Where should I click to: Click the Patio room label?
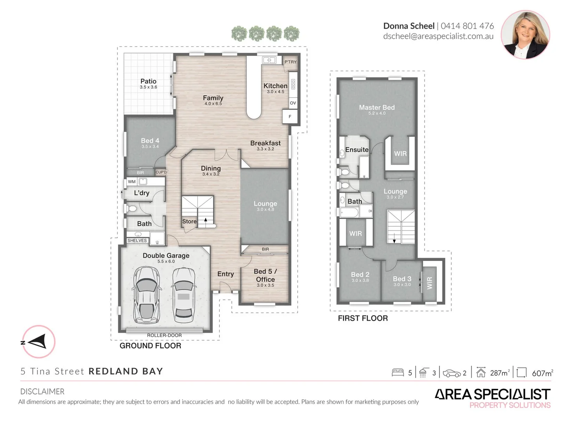[x=148, y=81]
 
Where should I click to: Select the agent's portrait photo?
[x=525, y=35]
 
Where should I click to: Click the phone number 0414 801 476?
[x=467, y=26]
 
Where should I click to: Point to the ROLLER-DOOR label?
[x=164, y=335]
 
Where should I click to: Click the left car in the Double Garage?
[x=147, y=295]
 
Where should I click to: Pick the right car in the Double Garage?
[x=183, y=295]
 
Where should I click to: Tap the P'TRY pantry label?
[x=290, y=62]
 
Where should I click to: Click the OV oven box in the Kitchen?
[x=293, y=103]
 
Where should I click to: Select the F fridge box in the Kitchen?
[x=290, y=116]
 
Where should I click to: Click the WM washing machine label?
[x=132, y=182]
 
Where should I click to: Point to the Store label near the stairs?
[x=189, y=222]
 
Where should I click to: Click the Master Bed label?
[x=377, y=107]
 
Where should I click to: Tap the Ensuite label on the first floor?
[x=357, y=150]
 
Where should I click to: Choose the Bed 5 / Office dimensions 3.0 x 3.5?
[x=265, y=285]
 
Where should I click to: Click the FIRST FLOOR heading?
[x=363, y=318]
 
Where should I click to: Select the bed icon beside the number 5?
[x=398, y=373]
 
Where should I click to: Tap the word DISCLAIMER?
[x=42, y=392]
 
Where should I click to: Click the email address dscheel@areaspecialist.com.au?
[x=438, y=36]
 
